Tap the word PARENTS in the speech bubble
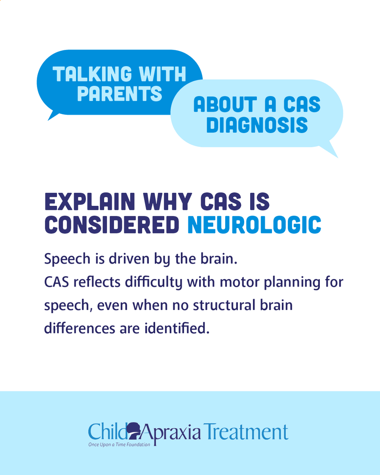click(120, 93)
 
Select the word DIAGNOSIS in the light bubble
click(257, 125)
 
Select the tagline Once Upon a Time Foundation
click(119, 445)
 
